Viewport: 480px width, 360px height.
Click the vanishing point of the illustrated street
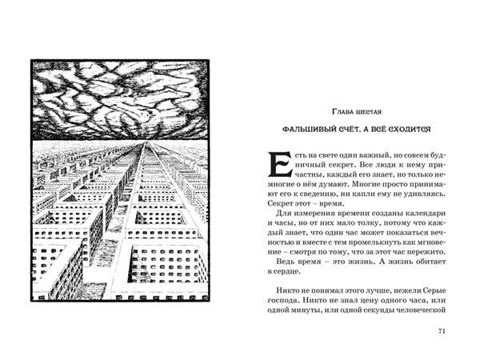[143, 146]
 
